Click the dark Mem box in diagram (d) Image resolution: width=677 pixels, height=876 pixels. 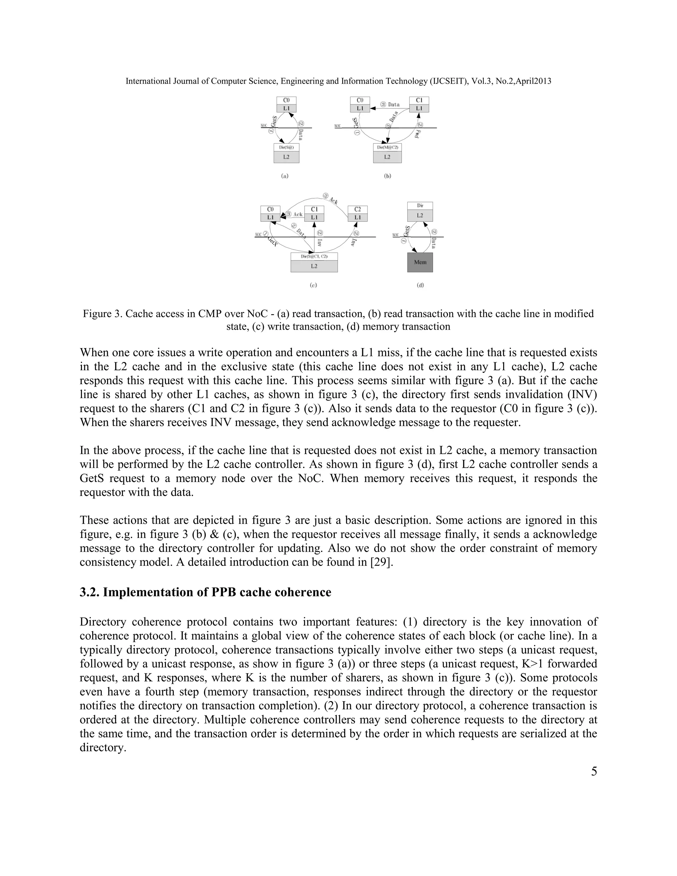420,262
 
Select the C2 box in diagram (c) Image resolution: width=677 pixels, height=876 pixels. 357,209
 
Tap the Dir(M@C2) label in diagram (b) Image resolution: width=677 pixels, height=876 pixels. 387,147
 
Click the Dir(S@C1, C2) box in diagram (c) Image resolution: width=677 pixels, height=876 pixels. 314,256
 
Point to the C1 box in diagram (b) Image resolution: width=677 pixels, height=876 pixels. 419,100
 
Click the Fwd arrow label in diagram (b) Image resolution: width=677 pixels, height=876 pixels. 417,134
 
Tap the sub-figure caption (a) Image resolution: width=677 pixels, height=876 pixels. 285,176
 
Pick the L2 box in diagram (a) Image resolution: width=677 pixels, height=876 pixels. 286,157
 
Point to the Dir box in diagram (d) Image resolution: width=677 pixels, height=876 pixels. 420,206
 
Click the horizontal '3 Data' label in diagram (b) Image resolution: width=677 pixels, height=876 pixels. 390,104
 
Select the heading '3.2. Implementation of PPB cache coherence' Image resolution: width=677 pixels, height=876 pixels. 205,592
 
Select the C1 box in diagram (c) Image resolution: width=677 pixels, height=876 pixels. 314,209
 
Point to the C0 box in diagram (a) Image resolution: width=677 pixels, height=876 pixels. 286,100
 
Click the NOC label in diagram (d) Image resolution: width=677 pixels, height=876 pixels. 396,235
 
